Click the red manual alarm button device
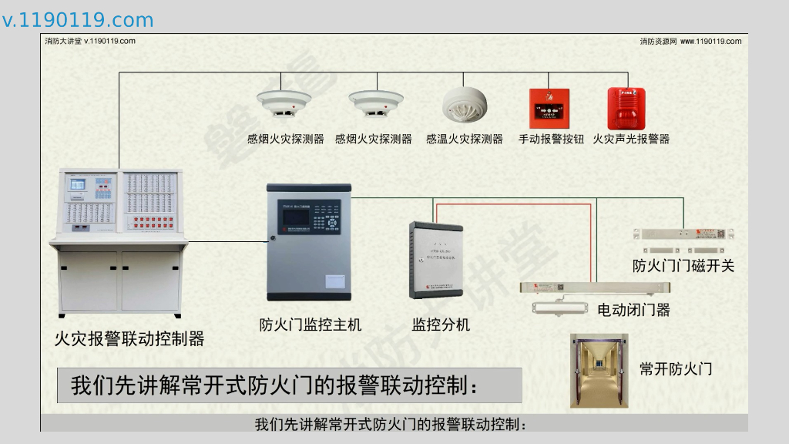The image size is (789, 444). point(549,109)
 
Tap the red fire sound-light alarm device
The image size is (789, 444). point(626,109)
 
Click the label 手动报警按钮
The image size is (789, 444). point(551,140)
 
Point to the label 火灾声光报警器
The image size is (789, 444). point(631,140)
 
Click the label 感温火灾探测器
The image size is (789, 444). point(465,140)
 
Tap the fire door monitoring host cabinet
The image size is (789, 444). point(308,242)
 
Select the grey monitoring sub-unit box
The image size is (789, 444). point(436,260)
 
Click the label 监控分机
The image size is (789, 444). point(441,325)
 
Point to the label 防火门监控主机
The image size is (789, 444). point(311,325)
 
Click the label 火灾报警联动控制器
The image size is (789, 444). point(129,338)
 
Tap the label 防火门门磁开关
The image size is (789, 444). point(683,266)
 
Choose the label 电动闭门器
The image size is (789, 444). point(634,310)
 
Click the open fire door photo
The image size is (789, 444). point(599,370)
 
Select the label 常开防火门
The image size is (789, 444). point(676,369)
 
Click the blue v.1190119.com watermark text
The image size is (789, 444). point(78,20)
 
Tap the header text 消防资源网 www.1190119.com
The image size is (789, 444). point(690,42)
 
